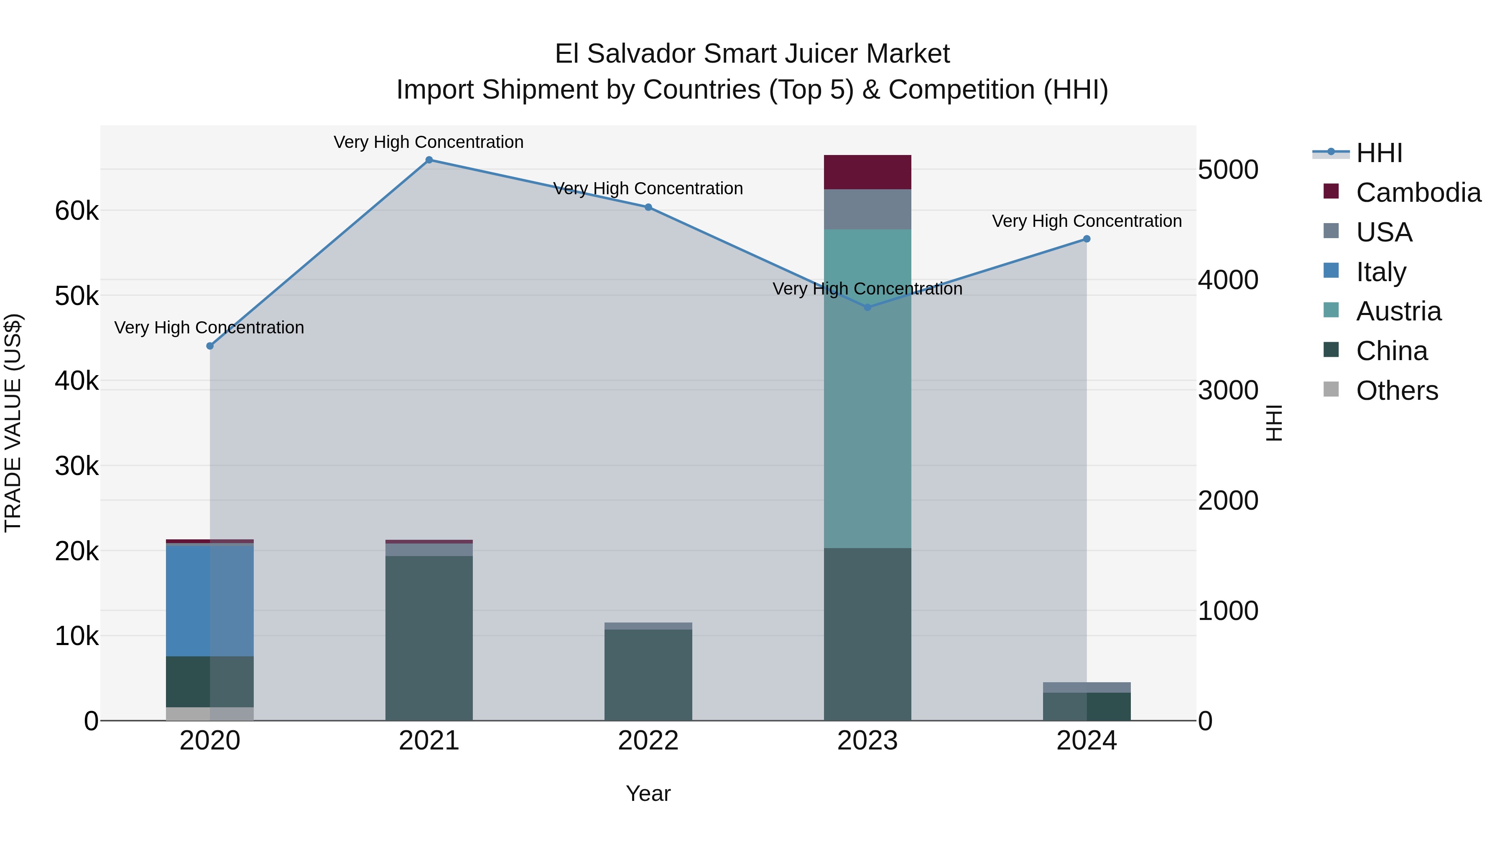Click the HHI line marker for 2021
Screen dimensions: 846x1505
click(429, 160)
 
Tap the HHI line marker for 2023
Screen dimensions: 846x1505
click(867, 307)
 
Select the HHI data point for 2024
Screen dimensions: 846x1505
click(1086, 239)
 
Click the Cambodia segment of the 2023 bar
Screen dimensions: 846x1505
click(867, 172)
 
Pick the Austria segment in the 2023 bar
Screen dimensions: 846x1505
click(867, 388)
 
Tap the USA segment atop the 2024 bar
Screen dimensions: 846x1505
click(1086, 687)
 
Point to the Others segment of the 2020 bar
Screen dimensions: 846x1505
click(210, 714)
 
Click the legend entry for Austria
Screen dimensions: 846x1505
click(1398, 311)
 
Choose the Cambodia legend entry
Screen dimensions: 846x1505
click(1418, 193)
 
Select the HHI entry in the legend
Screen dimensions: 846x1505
click(1379, 153)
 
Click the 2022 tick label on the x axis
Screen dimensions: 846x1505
click(648, 741)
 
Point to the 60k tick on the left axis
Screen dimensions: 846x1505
click(77, 211)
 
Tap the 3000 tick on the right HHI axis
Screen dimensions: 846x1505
click(1227, 390)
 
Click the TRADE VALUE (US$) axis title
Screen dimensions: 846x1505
click(13, 423)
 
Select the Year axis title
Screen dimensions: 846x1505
click(648, 793)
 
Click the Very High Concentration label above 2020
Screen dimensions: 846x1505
click(209, 328)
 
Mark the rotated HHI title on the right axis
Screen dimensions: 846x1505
click(1274, 423)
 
